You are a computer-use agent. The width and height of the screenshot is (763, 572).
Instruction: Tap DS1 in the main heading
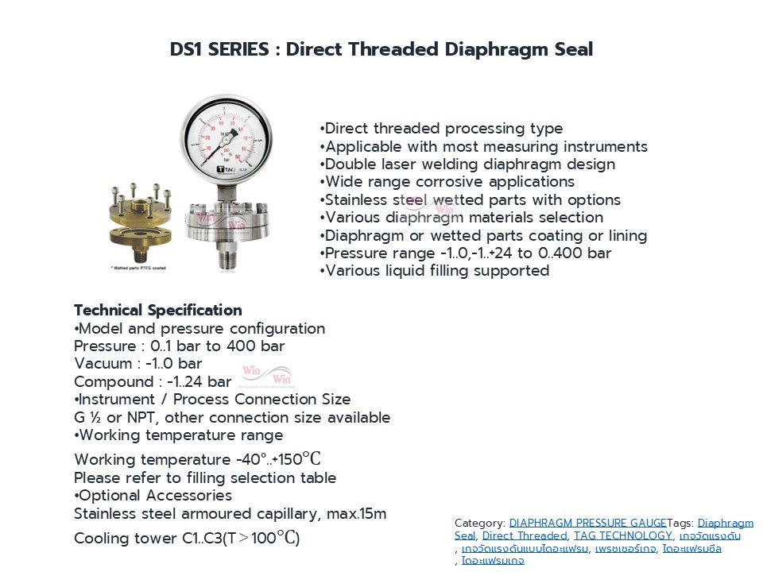(x=185, y=49)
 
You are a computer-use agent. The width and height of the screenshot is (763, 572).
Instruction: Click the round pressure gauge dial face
(x=227, y=138)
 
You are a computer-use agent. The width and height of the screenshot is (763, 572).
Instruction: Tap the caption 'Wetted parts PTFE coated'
(x=139, y=268)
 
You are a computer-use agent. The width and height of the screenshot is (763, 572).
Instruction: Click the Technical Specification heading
(x=158, y=310)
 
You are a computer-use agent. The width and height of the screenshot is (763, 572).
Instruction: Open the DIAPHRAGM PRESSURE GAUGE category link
(x=587, y=523)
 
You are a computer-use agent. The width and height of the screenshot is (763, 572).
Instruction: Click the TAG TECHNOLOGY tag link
(x=623, y=535)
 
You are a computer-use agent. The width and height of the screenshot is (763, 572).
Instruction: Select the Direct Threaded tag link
(x=525, y=535)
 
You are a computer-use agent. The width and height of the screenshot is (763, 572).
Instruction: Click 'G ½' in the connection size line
(x=87, y=417)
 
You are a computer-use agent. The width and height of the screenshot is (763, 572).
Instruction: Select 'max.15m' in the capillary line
(x=356, y=514)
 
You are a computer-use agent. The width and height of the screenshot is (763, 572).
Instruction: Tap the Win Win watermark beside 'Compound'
(x=267, y=374)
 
